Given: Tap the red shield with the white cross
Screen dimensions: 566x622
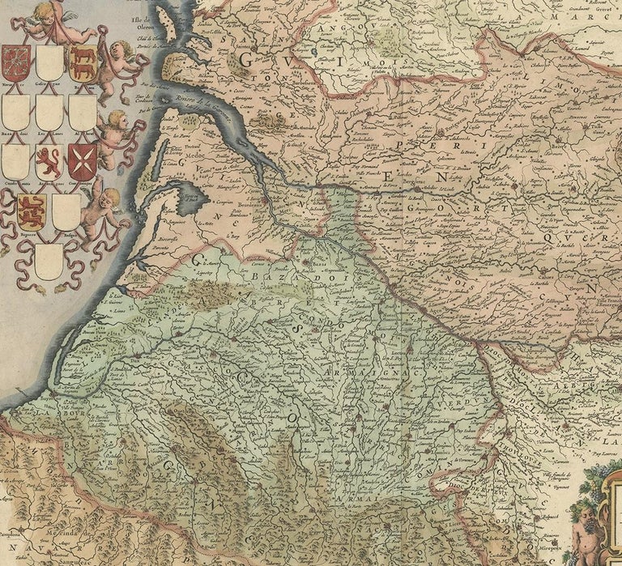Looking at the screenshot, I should coord(83,159).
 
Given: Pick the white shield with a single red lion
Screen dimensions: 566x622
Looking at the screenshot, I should coord(49,162).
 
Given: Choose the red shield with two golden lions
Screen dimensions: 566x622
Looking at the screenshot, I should coord(32,212).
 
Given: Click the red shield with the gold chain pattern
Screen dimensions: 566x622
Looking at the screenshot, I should coord(16,62).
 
